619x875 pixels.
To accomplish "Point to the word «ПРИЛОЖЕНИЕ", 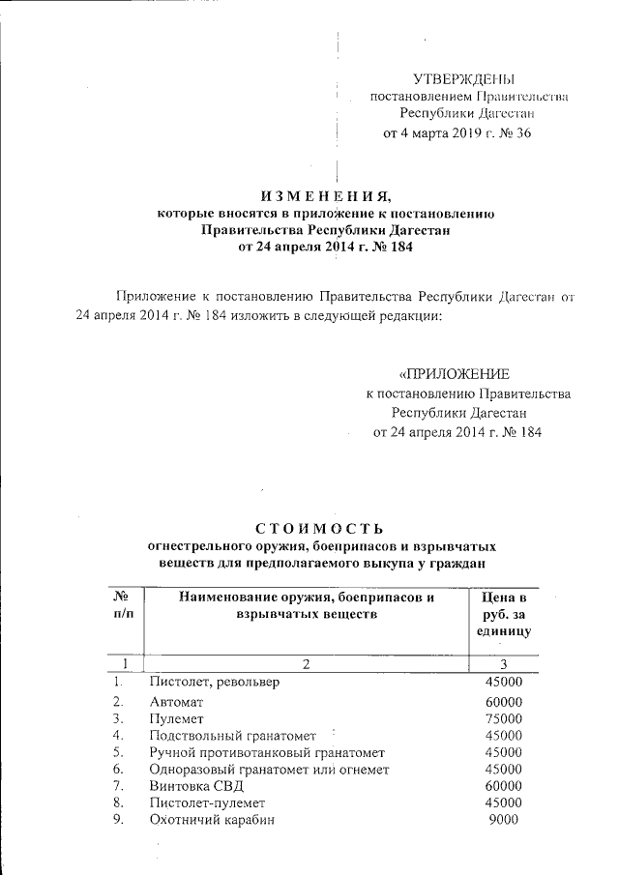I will (454, 374).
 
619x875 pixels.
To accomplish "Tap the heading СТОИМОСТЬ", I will (320, 528).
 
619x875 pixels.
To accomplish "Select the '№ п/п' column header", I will (123, 605).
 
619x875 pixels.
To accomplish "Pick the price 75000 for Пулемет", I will (503, 718).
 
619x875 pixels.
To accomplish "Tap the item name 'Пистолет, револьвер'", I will (215, 682).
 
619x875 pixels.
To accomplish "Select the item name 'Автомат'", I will (176, 701).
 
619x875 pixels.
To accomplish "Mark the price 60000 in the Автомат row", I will (503, 701).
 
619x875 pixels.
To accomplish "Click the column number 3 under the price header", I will (502, 663).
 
